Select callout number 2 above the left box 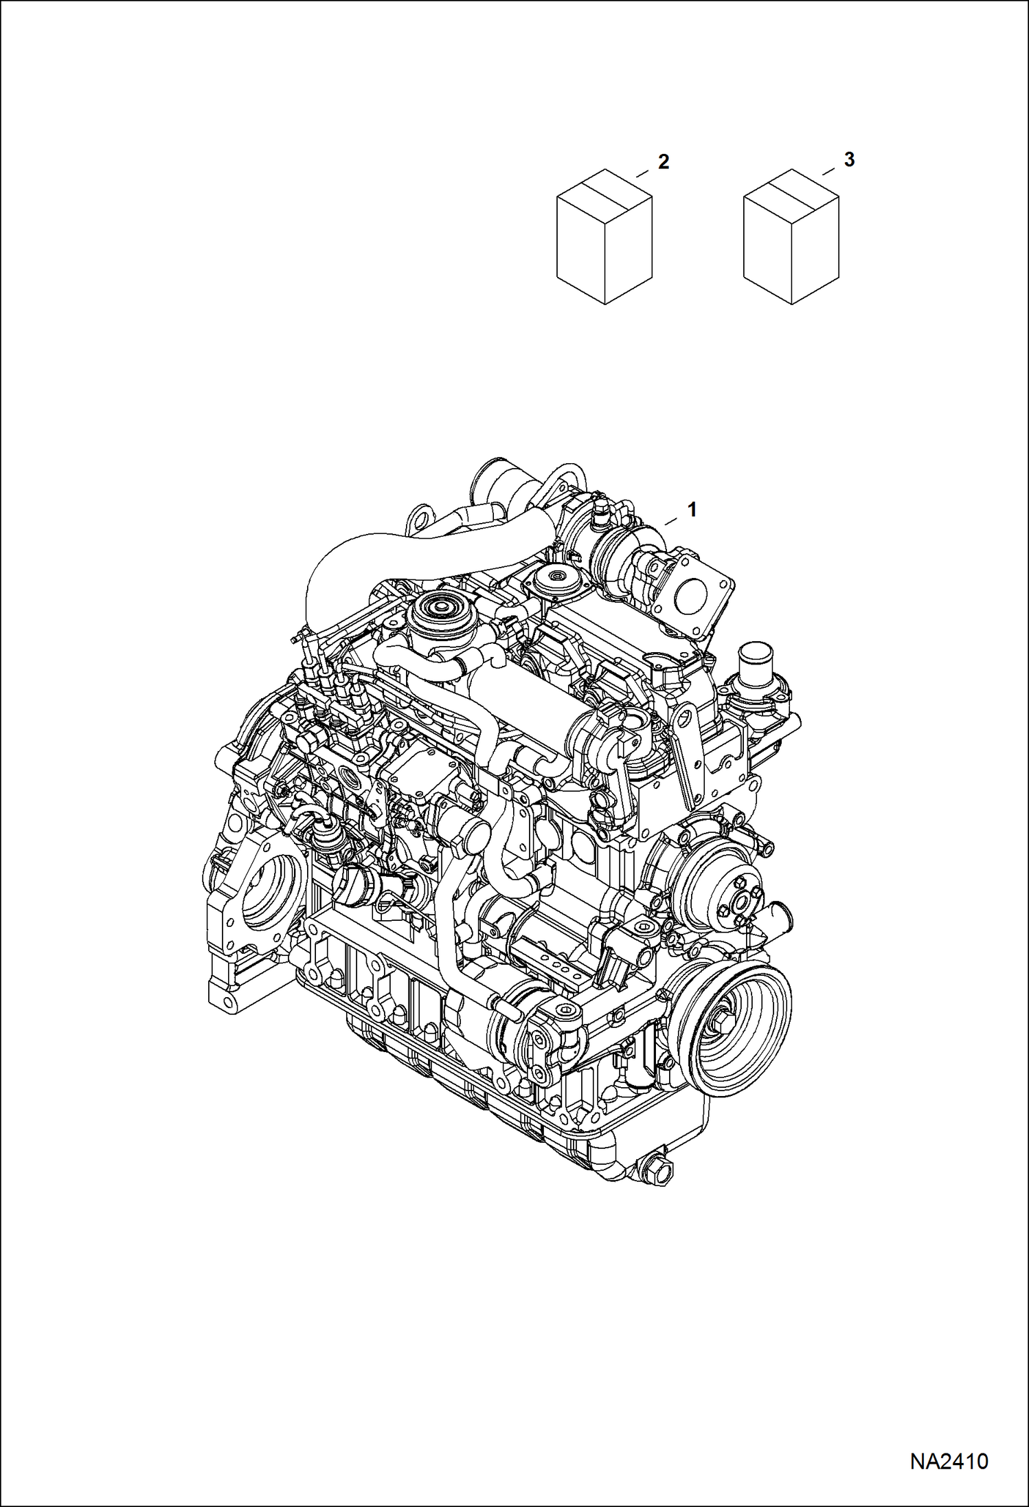point(663,162)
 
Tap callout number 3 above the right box point(849,159)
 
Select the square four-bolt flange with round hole point(696,592)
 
